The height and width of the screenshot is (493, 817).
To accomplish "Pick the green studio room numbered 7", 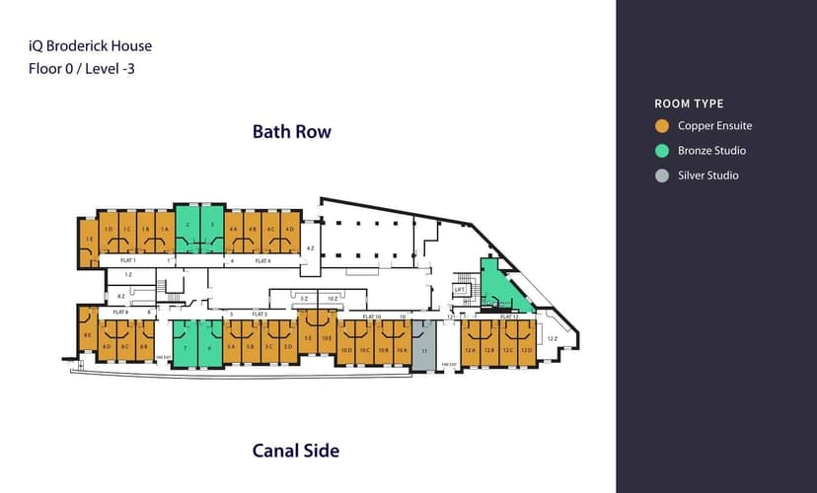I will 185,345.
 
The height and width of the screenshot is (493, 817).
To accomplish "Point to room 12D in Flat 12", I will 526,347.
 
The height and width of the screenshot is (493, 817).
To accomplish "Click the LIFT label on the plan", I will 459,289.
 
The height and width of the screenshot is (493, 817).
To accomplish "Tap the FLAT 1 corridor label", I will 127,260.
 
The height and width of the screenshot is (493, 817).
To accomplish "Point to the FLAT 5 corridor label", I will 260,314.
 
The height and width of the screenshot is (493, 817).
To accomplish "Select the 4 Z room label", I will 310,247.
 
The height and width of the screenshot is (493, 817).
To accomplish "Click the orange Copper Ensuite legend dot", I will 662,126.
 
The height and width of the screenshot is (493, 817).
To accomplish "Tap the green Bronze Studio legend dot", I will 662,151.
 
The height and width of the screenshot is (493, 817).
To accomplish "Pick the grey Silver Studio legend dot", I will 662,176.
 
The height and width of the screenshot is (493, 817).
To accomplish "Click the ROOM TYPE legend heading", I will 689,104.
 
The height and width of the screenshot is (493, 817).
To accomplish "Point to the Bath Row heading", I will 292,131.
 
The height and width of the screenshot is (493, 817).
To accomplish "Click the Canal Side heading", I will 296,451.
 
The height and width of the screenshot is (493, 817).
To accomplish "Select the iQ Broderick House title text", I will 91,45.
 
